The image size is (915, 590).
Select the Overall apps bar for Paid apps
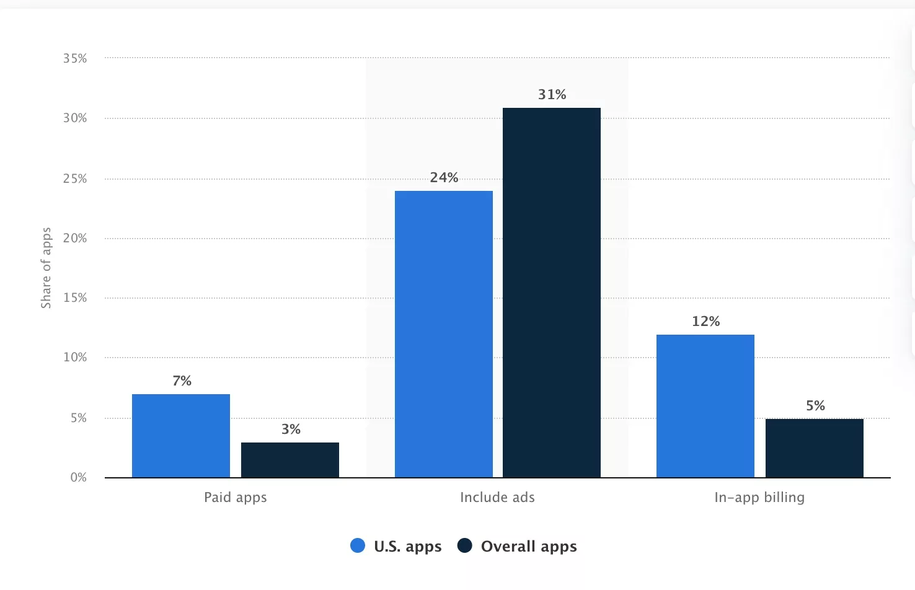tap(290, 460)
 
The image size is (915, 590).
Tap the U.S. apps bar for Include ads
tap(444, 334)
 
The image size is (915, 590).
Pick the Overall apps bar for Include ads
tap(552, 293)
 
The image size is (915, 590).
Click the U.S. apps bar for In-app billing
tap(705, 406)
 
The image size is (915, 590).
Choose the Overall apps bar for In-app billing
tap(815, 448)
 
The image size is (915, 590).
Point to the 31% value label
tap(552, 95)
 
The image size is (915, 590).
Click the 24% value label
tap(444, 178)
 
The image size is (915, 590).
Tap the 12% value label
tap(705, 322)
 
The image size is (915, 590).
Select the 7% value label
tap(182, 381)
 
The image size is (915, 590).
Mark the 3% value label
tap(291, 429)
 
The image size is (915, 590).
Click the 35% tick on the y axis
tap(75, 58)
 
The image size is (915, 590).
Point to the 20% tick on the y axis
tap(75, 238)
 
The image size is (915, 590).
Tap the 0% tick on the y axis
tap(78, 477)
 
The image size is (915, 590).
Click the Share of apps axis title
tap(46, 268)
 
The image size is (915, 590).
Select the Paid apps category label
tap(236, 498)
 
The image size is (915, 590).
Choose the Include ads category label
tap(497, 498)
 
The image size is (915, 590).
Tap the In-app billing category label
tap(759, 498)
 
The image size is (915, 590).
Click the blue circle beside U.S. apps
tap(358, 546)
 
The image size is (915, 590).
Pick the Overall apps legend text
tap(529, 547)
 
